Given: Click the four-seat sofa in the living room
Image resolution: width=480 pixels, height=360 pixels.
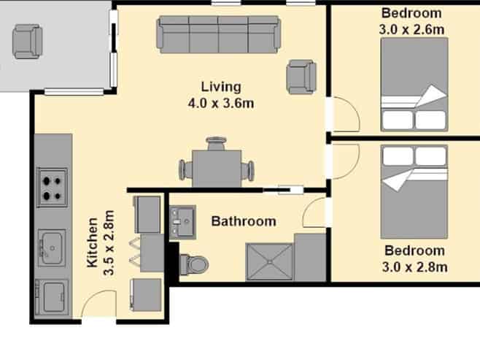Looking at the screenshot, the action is [x=219, y=34].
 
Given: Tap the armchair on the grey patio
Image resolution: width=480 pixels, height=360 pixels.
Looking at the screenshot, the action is [x=27, y=42].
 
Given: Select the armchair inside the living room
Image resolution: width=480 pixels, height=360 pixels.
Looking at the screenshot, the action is [x=301, y=77].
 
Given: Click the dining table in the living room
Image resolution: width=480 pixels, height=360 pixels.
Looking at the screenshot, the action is [x=217, y=169].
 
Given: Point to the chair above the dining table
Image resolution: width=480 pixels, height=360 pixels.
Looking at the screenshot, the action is [x=217, y=143].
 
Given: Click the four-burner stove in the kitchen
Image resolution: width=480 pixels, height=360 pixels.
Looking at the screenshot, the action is [x=52, y=187].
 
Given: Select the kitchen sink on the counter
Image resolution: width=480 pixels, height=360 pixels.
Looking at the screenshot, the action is [x=52, y=248].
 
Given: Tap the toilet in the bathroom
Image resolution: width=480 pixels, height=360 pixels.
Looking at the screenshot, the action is [x=194, y=264].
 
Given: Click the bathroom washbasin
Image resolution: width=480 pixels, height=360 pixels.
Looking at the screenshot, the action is [x=183, y=222].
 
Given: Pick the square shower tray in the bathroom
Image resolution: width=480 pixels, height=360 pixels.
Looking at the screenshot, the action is [x=269, y=262].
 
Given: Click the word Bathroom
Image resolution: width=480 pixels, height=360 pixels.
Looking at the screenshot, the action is [x=244, y=221].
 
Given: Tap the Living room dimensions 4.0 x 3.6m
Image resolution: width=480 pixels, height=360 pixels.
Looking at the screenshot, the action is [x=221, y=103].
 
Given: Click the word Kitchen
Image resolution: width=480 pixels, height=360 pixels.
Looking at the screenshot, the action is [x=92, y=242].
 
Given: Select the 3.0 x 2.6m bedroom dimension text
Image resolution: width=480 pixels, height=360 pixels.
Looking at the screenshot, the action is [x=411, y=30].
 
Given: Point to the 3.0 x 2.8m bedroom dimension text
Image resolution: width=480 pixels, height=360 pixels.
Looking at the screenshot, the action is [x=415, y=267].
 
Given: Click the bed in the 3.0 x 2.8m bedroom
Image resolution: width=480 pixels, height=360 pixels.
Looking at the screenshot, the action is [x=414, y=192].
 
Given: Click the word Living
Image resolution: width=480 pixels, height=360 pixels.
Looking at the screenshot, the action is [x=221, y=87].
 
